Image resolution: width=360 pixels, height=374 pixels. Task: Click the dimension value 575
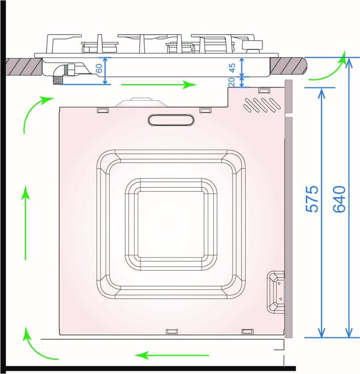click(313, 199)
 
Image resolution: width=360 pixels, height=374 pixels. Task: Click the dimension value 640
click(339, 199)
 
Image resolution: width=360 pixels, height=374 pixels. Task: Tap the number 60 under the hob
click(99, 68)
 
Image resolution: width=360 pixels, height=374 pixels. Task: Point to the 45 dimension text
click(232, 68)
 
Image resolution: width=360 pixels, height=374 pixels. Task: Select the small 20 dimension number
click(232, 82)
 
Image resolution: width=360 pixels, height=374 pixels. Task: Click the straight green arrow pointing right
click(159, 85)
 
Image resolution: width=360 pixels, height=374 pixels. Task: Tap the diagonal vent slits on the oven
click(262, 104)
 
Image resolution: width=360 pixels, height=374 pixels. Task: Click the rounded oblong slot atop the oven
click(171, 120)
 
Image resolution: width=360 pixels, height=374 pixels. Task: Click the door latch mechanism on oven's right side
click(275, 292)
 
